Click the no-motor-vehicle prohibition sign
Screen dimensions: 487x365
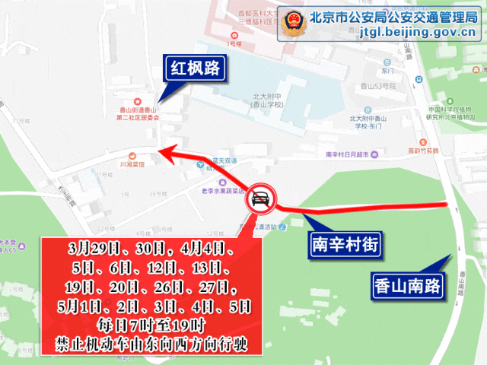coord(260,201)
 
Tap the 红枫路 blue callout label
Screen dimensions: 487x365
coord(196,69)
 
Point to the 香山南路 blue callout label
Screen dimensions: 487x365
coord(409,286)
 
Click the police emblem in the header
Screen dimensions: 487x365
coord(291,24)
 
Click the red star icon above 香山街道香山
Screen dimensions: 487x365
coord(137,101)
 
